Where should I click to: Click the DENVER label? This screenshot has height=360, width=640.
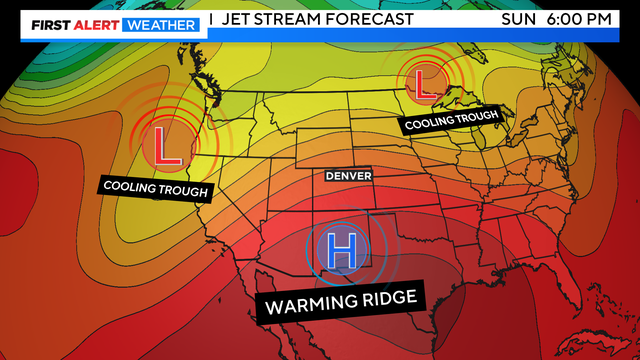pyautogui.click(x=348, y=176)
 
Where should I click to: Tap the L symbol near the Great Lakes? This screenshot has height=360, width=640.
pyautogui.click(x=424, y=80)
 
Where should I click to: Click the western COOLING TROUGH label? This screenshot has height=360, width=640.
pyautogui.click(x=155, y=187)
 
